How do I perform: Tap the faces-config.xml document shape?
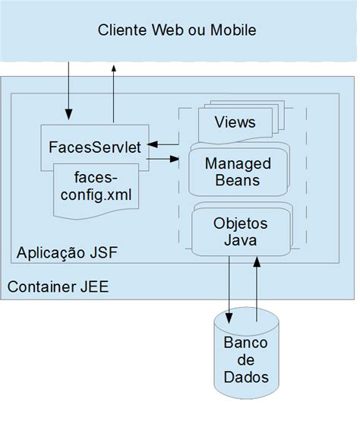pyautogui.click(x=96, y=191)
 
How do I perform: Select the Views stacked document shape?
pyautogui.click(x=241, y=122)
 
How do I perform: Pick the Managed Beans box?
pyautogui.click(x=238, y=169)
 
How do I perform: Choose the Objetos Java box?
pyautogui.click(x=242, y=230)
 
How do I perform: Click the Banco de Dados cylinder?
pyautogui.click(x=246, y=353)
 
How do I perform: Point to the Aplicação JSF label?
pyautogui.click(x=67, y=252)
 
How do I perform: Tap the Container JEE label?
pyautogui.click(x=58, y=287)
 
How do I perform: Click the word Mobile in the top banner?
pyautogui.click(x=233, y=30)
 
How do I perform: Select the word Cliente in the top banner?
pyautogui.click(x=122, y=30)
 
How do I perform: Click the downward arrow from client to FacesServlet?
pyautogui.click(x=68, y=90)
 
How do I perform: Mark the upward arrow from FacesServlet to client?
pyautogui.click(x=113, y=93)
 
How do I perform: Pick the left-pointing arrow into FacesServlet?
pyautogui.click(x=163, y=144)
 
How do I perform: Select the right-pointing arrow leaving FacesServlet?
pyautogui.click(x=163, y=159)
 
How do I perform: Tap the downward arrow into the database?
pyautogui.click(x=229, y=290)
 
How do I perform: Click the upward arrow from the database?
pyautogui.click(x=257, y=290)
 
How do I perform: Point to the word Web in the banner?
pyautogui.click(x=168, y=30)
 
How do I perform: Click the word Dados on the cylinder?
pyautogui.click(x=246, y=377)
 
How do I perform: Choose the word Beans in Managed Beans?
pyautogui.click(x=238, y=180)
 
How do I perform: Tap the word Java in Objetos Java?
pyautogui.click(x=240, y=239)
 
